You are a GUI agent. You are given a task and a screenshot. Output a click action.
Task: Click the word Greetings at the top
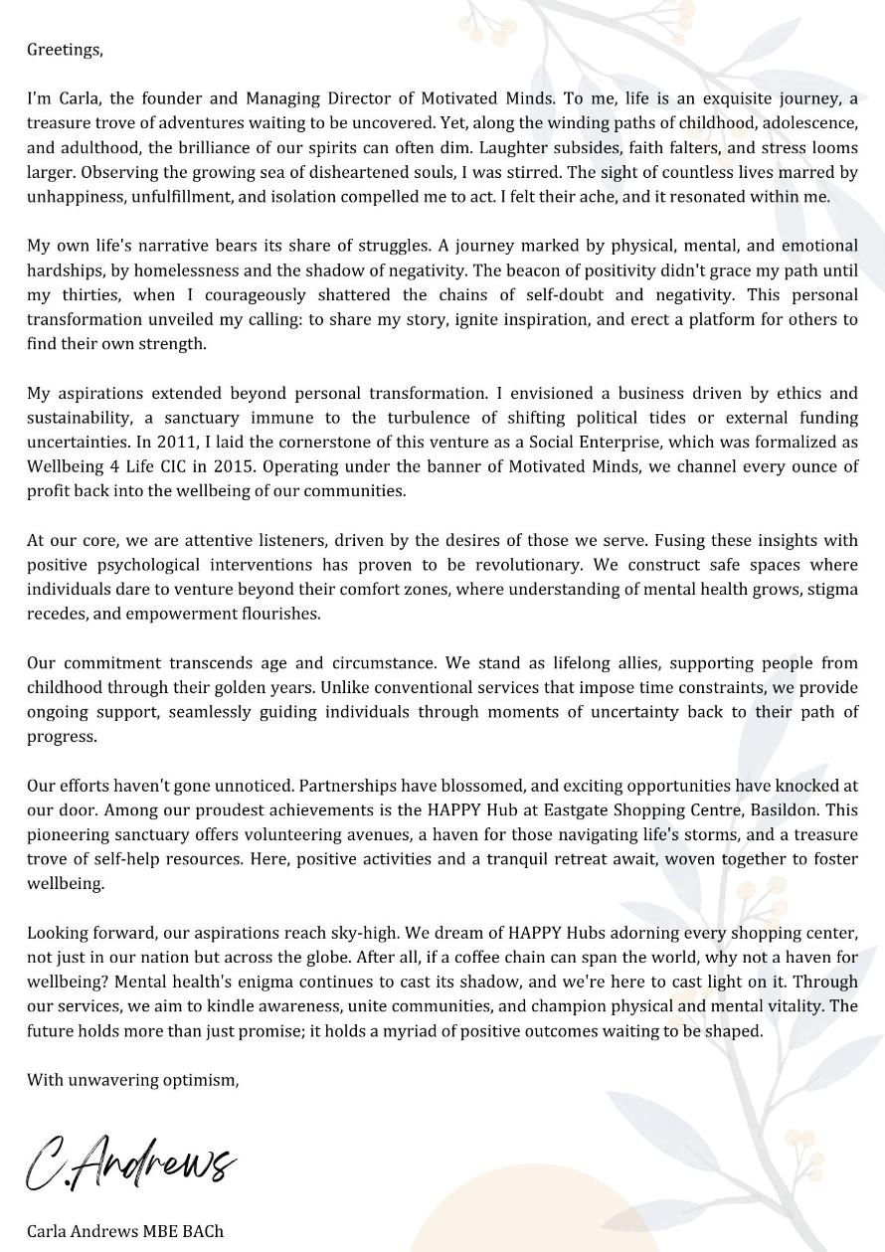click(x=65, y=50)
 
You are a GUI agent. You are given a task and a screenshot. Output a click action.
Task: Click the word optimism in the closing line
click(x=205, y=1080)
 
